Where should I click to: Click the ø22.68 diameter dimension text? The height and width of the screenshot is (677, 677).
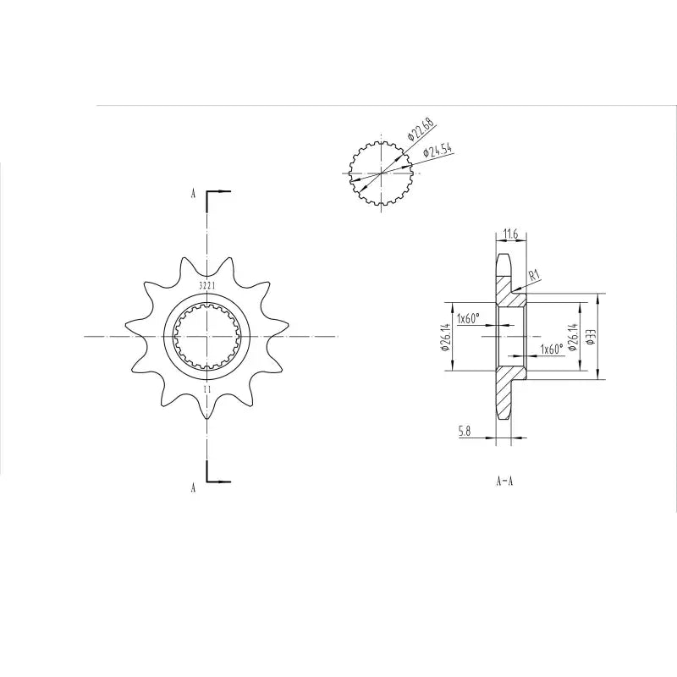[x=421, y=129]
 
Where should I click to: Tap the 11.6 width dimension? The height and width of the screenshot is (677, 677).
[x=509, y=233]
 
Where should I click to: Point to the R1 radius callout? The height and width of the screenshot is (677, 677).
[x=533, y=275]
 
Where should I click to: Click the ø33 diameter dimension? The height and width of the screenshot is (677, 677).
[x=592, y=336]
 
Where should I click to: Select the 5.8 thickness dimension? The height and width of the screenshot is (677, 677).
[x=465, y=432]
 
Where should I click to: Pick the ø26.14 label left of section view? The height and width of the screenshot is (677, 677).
[x=445, y=336]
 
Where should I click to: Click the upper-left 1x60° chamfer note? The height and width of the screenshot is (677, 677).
[x=468, y=319]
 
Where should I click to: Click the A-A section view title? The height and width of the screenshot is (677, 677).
[x=505, y=481]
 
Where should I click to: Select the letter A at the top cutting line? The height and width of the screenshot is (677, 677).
[x=194, y=194]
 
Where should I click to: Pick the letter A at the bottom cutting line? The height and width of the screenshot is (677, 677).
[x=194, y=487]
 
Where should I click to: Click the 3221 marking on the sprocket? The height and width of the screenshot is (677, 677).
[x=206, y=286]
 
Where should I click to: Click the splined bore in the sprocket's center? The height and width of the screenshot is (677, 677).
[x=206, y=337]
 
